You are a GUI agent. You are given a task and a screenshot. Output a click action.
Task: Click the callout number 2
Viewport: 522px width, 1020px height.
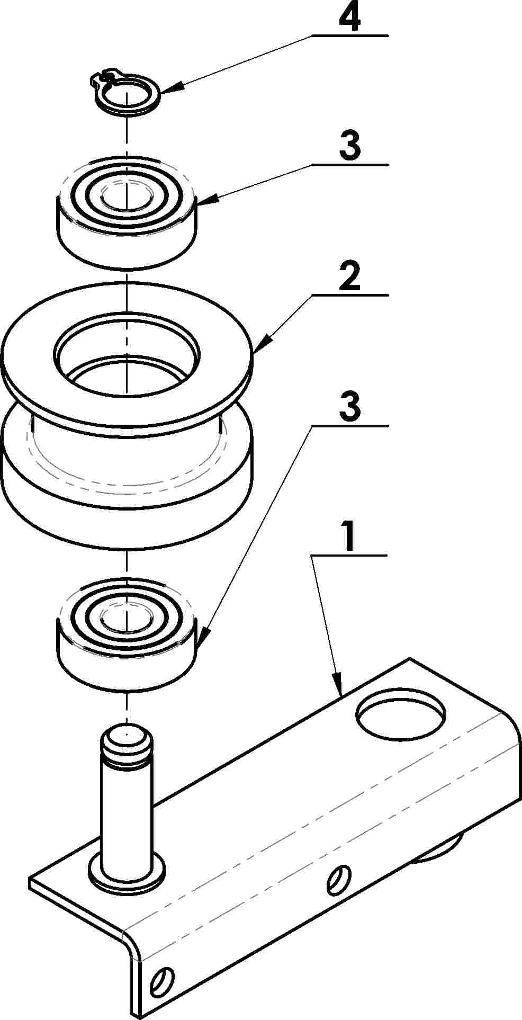point(349,276)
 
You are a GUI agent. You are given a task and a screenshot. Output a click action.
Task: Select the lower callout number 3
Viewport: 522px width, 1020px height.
point(350,407)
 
